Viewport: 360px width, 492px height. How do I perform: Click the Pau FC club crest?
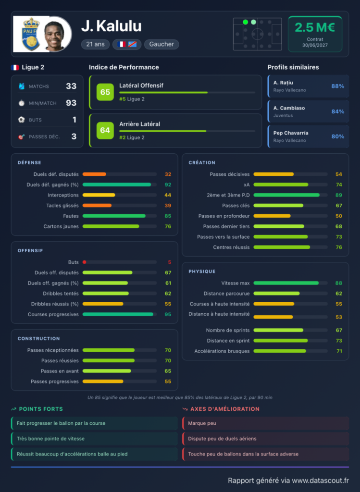click(31, 34)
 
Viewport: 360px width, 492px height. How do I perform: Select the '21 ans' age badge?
click(96, 44)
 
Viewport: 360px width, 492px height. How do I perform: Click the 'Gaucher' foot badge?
click(161, 44)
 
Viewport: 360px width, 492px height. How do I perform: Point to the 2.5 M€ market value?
click(315, 27)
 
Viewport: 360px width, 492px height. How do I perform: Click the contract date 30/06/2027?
click(315, 45)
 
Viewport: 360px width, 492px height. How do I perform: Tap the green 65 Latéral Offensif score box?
click(105, 92)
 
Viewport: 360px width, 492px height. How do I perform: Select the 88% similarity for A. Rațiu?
click(338, 86)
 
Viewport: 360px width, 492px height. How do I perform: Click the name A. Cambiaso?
click(289, 108)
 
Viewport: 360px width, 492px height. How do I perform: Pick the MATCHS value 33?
click(71, 86)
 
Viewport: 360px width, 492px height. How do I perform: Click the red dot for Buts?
click(85, 262)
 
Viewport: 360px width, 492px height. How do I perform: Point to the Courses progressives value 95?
click(168, 314)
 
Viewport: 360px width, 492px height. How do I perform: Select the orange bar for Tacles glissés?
click(97, 206)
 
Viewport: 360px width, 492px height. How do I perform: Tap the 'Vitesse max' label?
click(236, 283)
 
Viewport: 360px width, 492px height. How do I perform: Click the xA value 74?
click(339, 185)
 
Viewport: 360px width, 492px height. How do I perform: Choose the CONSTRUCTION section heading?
click(38, 339)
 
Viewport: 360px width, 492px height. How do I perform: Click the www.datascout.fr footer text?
click(321, 480)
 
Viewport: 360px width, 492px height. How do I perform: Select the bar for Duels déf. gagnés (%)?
click(117, 185)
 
